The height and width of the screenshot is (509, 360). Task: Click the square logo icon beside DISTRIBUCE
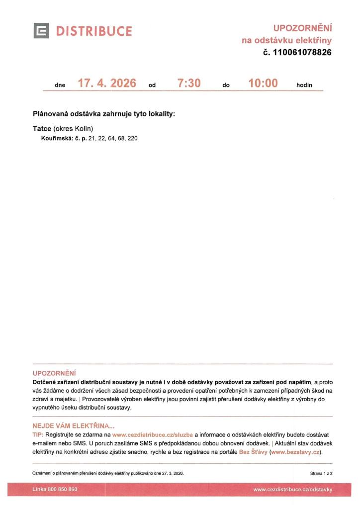click(x=41, y=31)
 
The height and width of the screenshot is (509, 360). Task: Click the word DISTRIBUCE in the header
click(x=94, y=32)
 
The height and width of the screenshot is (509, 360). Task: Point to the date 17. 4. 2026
click(x=107, y=84)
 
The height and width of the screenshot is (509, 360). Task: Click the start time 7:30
click(x=189, y=84)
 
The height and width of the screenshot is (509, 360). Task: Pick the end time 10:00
click(x=263, y=84)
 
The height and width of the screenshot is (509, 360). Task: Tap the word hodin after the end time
click(x=304, y=85)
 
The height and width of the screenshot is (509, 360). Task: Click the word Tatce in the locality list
click(x=42, y=129)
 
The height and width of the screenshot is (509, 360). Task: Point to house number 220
click(x=133, y=138)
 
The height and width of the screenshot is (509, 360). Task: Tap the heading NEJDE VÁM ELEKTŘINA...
click(x=73, y=425)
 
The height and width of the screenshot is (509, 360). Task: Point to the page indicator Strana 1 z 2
click(x=321, y=473)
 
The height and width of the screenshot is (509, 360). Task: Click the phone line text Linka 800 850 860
click(x=55, y=490)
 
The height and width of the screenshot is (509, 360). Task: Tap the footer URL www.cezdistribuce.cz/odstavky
click(x=292, y=490)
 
